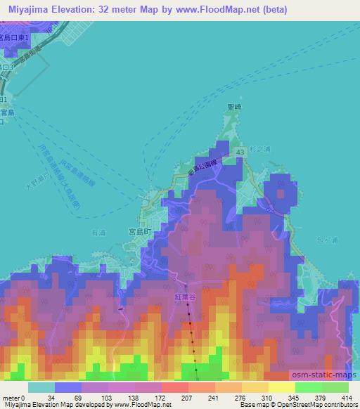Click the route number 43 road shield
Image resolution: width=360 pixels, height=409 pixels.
pos(241,152)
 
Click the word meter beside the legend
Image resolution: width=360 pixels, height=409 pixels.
pos(12,398)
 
